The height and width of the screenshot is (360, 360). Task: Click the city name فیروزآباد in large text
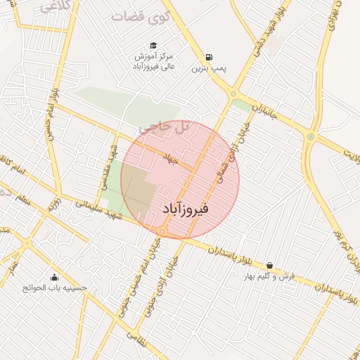coord(186,209)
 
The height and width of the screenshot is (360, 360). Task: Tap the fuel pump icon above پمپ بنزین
coord(209,58)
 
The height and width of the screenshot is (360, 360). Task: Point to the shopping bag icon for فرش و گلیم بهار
coord(269,265)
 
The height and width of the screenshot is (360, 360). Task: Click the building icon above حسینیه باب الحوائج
coord(55,276)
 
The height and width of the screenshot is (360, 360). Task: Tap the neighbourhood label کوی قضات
coord(138,15)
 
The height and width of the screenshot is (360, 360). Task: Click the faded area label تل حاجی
coord(166,127)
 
